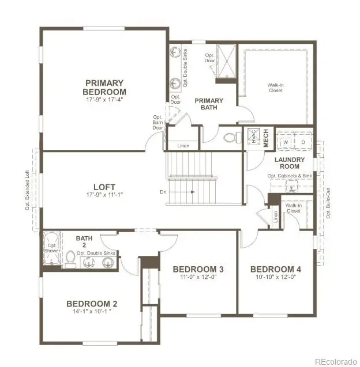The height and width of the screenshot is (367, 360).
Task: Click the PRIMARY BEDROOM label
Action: pos(104,87)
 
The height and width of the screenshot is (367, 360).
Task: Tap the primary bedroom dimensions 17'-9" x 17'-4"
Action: pos(104,99)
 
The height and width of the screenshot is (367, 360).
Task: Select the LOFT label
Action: pos(104,187)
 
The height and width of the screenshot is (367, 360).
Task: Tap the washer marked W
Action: pos(286,142)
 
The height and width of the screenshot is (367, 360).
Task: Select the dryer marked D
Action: pos(302,142)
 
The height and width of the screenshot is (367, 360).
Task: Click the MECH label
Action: pos(266,137)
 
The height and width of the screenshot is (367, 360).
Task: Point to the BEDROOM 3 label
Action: pos(198,270)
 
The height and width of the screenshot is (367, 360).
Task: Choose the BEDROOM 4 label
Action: pos(275,270)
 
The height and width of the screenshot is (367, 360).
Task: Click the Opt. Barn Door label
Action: pos(157,122)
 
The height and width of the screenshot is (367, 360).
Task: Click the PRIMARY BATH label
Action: pos(208,104)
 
